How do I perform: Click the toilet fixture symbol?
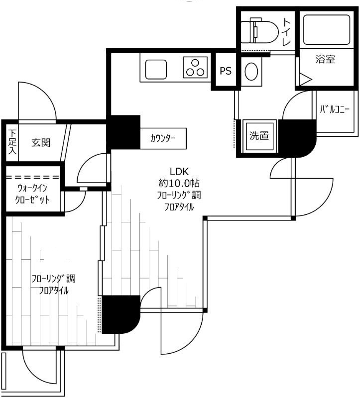pos(258,30)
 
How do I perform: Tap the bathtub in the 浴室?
pos(327,30)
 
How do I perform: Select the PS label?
pos(226,71)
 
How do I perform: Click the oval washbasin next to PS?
pos(251,71)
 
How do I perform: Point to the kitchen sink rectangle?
pos(156,69)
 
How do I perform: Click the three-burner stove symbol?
pos(195,67)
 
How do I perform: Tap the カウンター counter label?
pos(163,139)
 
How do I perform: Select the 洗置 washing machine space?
pos(259,135)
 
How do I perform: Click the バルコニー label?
pos(334,109)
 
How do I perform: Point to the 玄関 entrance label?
pos(41,142)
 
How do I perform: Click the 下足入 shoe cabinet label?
pos(12,142)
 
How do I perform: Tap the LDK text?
pos(179,172)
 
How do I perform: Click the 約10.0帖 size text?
pos(179,183)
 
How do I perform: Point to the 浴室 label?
pos(325,59)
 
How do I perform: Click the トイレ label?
pos(287,32)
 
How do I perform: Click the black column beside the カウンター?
pos(123,132)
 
